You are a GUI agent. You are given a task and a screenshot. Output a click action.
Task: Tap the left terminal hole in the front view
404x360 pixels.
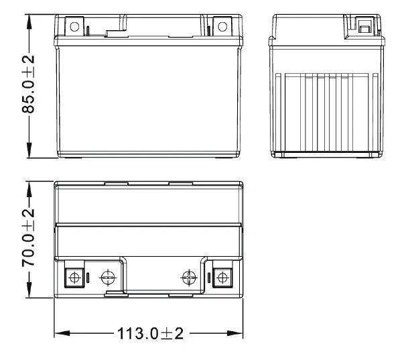(x=74, y=27)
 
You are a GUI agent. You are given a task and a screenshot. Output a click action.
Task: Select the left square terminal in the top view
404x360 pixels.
(x=74, y=277)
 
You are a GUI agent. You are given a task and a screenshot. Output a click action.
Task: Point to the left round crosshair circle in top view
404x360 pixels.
(x=107, y=277)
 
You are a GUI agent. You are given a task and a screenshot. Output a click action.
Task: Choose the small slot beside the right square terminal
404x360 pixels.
(x=209, y=277)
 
